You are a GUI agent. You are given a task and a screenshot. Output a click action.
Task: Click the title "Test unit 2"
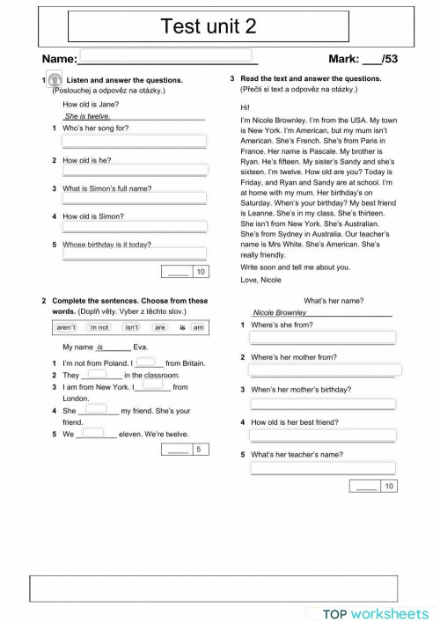[220, 27]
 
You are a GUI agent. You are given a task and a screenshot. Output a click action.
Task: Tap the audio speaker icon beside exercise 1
[54, 80]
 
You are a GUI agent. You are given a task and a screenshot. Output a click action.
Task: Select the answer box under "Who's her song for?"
[134, 141]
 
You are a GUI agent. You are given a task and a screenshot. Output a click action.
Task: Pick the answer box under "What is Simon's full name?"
[134, 199]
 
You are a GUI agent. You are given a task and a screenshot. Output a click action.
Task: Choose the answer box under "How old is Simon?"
[134, 227]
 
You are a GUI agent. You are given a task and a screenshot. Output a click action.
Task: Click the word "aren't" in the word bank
[66, 327]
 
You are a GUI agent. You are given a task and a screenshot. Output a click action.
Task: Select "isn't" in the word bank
[132, 327]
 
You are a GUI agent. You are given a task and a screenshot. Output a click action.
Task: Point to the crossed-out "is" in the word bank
[182, 327]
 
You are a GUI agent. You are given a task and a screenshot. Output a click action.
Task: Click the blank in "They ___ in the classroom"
[97, 374]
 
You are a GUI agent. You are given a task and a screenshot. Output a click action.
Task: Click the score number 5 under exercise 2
[200, 450]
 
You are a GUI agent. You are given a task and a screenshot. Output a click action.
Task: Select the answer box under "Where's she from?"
[322, 337]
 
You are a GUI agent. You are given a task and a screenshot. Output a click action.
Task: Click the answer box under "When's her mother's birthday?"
[322, 404]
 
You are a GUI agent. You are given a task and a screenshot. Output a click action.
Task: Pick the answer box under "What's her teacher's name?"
[322, 468]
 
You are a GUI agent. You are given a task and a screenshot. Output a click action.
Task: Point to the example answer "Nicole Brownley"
[280, 312]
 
